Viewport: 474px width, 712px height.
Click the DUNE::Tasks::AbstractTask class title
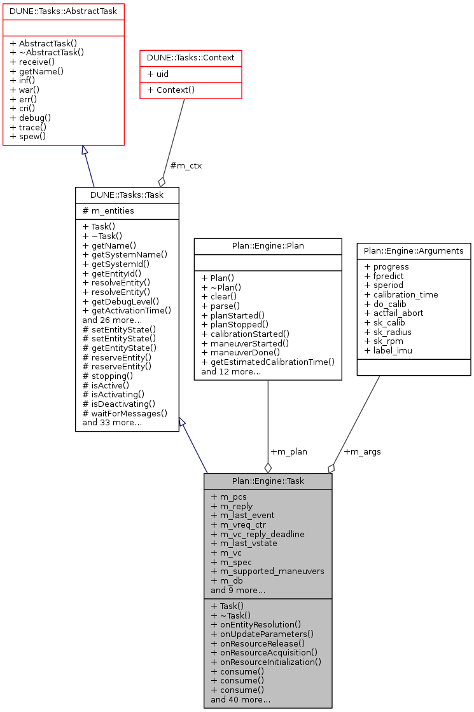tap(63, 10)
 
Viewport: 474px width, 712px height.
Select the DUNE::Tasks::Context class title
tap(190, 58)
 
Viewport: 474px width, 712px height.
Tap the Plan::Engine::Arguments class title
tap(414, 250)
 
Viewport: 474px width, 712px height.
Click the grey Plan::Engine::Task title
tap(268, 481)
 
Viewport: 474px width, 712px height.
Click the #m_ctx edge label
tap(186, 167)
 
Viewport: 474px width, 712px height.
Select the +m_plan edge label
tap(289, 451)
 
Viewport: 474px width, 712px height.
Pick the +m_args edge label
tap(362, 451)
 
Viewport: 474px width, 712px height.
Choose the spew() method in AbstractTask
tap(29, 137)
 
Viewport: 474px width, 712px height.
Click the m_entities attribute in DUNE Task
tap(108, 210)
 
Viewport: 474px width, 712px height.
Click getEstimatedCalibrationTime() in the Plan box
tap(268, 362)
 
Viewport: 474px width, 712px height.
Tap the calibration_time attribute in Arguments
tap(401, 294)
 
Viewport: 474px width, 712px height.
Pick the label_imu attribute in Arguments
tap(387, 350)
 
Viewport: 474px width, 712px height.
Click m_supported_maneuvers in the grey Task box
tap(267, 572)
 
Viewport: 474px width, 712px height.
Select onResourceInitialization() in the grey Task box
tap(266, 662)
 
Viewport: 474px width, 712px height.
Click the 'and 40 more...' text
tap(240, 700)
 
